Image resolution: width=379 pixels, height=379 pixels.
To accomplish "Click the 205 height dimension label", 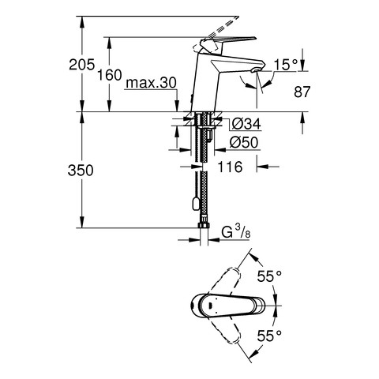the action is (81, 65).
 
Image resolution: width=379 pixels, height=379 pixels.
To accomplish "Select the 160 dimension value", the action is (110, 75).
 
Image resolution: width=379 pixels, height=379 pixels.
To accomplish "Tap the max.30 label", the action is (151, 83).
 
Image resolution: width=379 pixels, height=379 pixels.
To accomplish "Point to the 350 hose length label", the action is (81, 171).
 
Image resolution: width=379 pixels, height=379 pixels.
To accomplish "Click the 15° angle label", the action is (286, 65).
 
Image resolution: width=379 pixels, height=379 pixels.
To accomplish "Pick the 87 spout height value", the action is (302, 92).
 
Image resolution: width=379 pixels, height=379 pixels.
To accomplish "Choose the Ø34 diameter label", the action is (246, 124).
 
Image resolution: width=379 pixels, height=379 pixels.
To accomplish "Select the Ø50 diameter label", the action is (244, 143).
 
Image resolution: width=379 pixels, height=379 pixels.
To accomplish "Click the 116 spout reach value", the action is (230, 167).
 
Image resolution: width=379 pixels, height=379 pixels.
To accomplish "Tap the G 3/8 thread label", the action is (236, 232).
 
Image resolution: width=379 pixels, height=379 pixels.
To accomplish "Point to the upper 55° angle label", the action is (269, 276).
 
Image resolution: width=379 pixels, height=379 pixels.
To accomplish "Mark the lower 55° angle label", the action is (269, 336).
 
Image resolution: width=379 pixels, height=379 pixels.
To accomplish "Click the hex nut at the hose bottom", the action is (203, 225).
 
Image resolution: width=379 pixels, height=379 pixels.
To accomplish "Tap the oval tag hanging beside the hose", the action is (196, 205).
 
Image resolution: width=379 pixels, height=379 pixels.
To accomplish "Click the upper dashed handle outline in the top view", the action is (226, 282).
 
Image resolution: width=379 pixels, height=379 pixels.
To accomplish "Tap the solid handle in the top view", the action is (227, 306).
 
